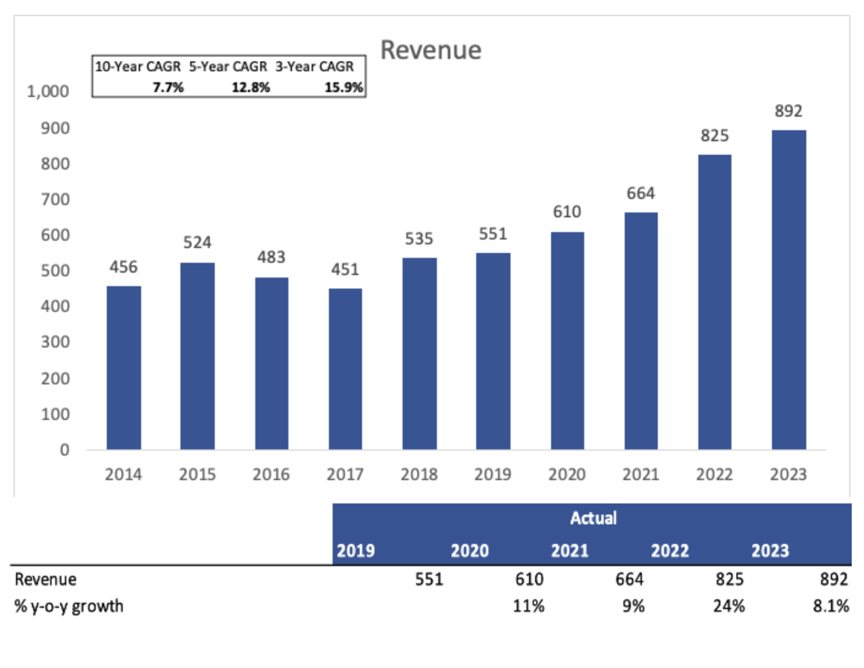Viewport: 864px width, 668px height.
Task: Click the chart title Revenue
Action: (431, 50)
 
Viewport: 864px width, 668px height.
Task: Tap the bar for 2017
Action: (345, 368)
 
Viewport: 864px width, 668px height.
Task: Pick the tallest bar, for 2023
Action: (789, 289)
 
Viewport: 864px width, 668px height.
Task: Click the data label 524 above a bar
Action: (197, 243)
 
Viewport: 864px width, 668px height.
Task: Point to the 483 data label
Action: (271, 257)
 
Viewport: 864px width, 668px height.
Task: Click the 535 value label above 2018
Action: (418, 239)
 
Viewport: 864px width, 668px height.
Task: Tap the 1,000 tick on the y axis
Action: (48, 92)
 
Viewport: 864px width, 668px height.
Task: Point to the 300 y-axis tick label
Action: (55, 342)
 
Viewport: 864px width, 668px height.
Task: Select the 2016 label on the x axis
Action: (271, 475)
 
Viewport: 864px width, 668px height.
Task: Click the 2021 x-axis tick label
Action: (641, 475)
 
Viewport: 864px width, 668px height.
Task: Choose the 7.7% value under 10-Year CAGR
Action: (168, 88)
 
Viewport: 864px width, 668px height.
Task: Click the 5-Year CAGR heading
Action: (228, 66)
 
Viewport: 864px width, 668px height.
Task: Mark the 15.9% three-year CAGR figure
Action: (344, 88)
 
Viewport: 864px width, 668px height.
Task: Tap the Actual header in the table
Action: (593, 518)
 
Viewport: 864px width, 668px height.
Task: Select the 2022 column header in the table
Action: (669, 551)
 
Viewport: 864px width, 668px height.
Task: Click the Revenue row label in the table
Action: (45, 580)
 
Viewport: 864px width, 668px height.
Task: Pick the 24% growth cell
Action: (728, 607)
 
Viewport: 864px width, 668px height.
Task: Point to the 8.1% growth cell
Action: (831, 607)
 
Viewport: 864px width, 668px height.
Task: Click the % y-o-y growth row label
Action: (69, 607)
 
